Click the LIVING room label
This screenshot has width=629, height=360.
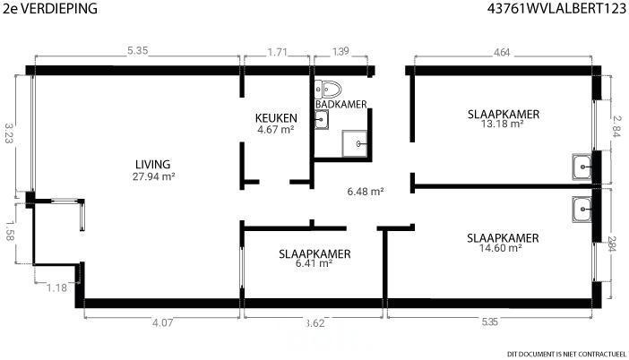[153, 165]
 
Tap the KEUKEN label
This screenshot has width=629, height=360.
[276, 118]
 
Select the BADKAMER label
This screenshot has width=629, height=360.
[341, 104]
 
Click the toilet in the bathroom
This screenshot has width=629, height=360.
[327, 89]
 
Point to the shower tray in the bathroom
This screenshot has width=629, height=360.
[355, 143]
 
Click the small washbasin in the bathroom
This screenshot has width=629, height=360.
[322, 119]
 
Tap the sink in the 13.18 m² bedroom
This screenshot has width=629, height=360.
[582, 167]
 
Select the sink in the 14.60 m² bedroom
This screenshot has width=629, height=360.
[582, 210]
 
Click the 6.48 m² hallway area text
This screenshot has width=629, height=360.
[366, 192]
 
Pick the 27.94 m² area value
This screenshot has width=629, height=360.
[153, 176]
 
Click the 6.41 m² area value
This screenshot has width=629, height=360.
[314, 263]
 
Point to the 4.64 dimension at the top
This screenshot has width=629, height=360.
[502, 53]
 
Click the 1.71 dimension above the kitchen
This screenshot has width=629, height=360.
[277, 52]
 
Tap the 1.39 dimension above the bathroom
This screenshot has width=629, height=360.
[340, 51]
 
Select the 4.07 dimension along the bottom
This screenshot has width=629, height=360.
[162, 322]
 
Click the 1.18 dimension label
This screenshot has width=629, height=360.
[56, 287]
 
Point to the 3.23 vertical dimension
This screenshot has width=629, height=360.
[9, 133]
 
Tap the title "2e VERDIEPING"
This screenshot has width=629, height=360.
[50, 8]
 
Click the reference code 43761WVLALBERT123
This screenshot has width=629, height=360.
[556, 8]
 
